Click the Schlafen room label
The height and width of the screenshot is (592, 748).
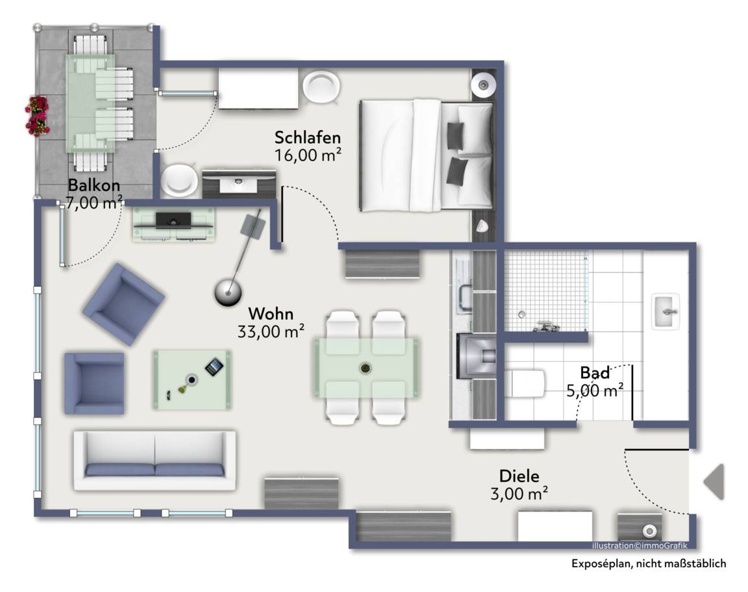[x=308, y=138]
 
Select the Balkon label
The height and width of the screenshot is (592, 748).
[x=94, y=185]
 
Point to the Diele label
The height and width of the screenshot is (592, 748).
[x=519, y=476]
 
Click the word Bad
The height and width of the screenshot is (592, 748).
[x=595, y=372]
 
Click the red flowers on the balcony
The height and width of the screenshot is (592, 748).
[x=37, y=116]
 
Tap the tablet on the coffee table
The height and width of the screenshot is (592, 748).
[x=214, y=367]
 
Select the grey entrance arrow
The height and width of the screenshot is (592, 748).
[x=714, y=482]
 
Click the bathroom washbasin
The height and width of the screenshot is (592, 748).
[x=666, y=311]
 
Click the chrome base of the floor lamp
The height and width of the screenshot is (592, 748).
[x=227, y=292]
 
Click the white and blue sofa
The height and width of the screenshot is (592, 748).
[x=155, y=461]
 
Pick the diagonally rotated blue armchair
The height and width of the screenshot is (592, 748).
[x=124, y=304]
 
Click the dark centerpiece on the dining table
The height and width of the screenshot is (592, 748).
[x=366, y=368]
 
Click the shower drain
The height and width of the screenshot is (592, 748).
[x=521, y=314]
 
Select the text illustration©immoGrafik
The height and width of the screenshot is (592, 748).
[x=640, y=546]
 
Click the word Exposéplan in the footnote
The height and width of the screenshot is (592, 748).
[x=601, y=564]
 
